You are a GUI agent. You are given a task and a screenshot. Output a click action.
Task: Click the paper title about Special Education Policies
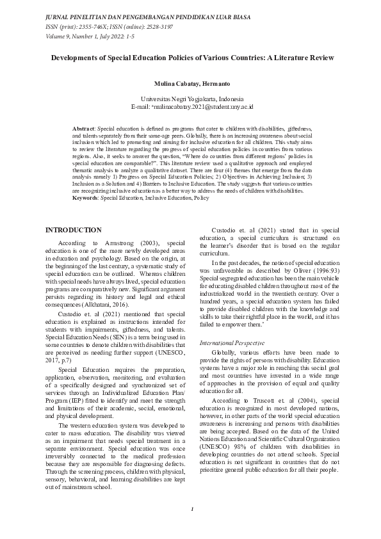[192, 58]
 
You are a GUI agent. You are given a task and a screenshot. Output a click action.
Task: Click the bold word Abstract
[83, 129]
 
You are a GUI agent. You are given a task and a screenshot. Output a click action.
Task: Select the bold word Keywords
[86, 198]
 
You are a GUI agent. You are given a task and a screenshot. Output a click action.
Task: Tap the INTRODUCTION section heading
[73, 230]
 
